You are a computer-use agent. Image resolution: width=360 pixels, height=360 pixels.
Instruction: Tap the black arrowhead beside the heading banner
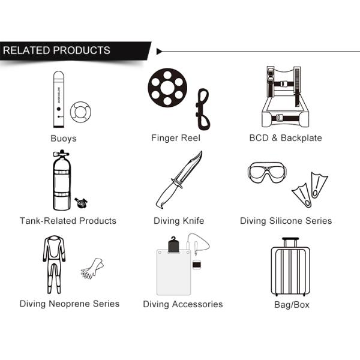point(159,52)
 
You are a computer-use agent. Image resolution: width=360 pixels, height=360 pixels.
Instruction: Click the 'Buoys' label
point(64,139)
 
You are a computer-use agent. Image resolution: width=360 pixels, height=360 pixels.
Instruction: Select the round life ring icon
point(80,112)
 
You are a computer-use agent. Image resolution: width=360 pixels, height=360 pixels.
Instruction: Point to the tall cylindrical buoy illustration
point(59,99)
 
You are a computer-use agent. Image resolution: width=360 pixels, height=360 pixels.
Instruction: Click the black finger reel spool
point(167,88)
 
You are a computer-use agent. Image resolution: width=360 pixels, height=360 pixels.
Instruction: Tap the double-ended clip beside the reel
point(203,109)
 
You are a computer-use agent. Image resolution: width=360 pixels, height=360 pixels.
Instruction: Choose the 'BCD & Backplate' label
point(286,138)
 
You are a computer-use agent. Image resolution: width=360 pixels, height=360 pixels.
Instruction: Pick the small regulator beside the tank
point(81,203)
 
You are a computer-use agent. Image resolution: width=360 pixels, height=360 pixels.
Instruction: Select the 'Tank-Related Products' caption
point(68,221)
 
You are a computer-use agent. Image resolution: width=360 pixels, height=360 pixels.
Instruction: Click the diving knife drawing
point(179,180)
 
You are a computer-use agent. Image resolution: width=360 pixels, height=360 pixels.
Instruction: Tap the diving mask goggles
point(267,172)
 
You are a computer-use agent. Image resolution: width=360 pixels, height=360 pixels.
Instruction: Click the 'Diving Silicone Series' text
point(286,221)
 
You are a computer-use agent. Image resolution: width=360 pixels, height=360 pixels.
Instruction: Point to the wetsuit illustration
point(54,265)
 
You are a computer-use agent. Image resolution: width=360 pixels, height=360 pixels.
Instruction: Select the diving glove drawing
point(92,269)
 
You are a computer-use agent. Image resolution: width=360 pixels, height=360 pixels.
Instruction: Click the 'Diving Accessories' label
point(183,304)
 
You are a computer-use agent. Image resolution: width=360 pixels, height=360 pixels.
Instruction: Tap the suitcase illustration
point(290,267)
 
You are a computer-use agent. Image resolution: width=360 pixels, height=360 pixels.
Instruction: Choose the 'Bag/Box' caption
point(292,305)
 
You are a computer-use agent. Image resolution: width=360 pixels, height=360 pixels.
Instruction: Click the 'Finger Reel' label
point(176,138)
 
